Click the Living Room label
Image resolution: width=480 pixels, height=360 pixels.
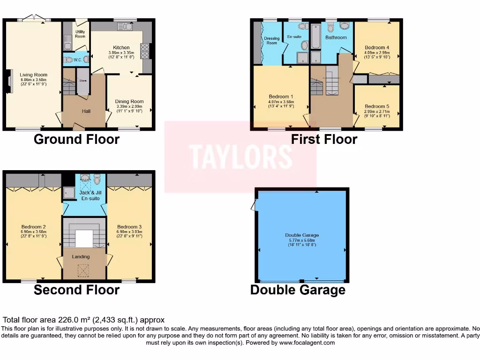tap(33, 75)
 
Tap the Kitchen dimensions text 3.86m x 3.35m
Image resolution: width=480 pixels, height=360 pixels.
tap(121, 52)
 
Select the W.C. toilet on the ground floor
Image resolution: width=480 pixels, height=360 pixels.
tap(70, 60)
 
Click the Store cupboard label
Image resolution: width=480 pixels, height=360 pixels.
tap(82, 81)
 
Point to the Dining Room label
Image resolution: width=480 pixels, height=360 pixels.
tap(129, 101)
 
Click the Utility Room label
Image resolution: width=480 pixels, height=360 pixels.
tap(80, 34)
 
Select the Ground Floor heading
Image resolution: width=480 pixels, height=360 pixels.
tap(76, 139)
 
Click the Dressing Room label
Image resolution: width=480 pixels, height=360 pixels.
tap(272, 41)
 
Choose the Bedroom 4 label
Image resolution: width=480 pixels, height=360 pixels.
tap(377, 47)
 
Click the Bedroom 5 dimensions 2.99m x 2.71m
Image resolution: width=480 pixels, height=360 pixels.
tap(377, 112)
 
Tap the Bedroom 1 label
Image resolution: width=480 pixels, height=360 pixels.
tap(281, 97)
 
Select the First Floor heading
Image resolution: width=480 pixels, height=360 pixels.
tap(324, 139)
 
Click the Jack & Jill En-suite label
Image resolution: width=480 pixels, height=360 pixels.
tap(84, 195)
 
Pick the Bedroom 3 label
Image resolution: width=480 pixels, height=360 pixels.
tap(129, 227)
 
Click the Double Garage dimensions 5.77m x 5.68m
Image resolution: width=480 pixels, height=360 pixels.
tap(301, 240)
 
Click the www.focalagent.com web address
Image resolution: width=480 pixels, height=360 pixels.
tap(307, 343)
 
